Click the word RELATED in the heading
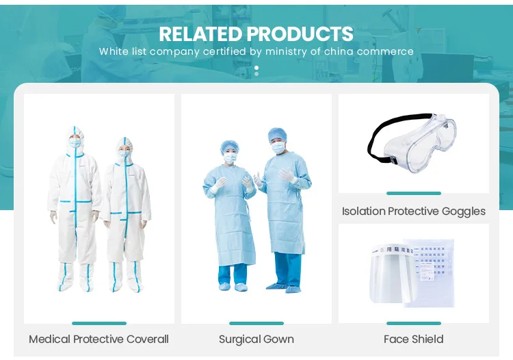[x=200, y=34]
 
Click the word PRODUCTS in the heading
[x=300, y=34]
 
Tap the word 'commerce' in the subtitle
[x=386, y=51]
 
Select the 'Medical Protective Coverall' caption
[x=98, y=339]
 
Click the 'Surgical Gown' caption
[x=256, y=339]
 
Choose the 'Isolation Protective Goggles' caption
[x=414, y=211]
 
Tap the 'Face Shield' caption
[x=414, y=339]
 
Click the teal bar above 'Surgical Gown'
[x=256, y=323]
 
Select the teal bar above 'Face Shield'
[x=414, y=323]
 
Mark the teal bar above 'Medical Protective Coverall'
[x=98, y=323]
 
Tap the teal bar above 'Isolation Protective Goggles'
[x=414, y=194]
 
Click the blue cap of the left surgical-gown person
[x=229, y=145]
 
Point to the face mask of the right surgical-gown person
[x=277, y=146]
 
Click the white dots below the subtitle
[x=256, y=70]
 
